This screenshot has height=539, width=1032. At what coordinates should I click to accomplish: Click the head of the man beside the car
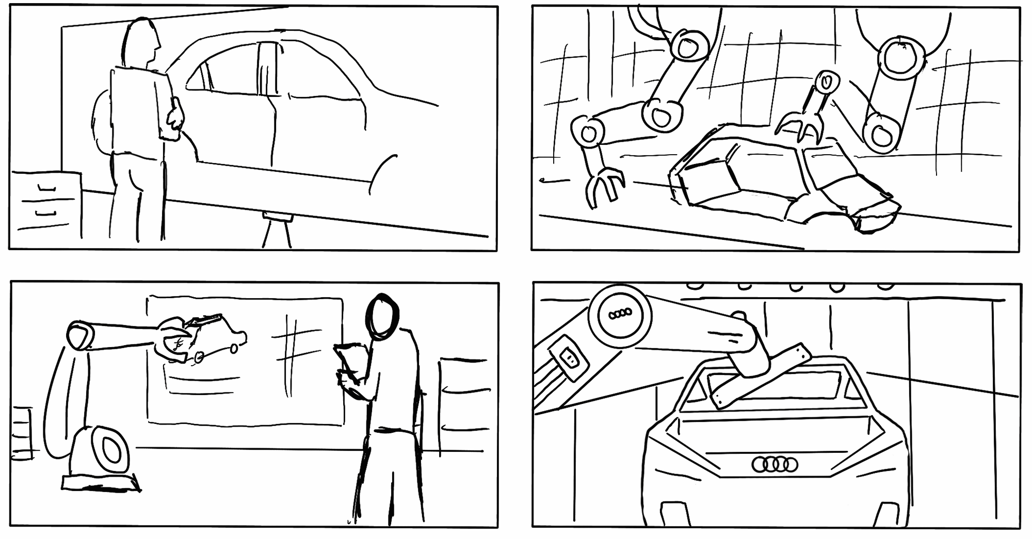pyautogui.click(x=140, y=41)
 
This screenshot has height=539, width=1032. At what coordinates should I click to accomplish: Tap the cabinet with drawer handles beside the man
pyautogui.click(x=46, y=204)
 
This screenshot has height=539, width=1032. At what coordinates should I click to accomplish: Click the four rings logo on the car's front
pyautogui.click(x=775, y=464)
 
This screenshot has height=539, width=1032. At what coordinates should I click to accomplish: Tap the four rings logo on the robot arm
pyautogui.click(x=620, y=314)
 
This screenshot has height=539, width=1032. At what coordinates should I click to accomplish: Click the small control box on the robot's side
pyautogui.click(x=568, y=357)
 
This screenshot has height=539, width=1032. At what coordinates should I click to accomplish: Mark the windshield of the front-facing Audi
pyautogui.click(x=774, y=389)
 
